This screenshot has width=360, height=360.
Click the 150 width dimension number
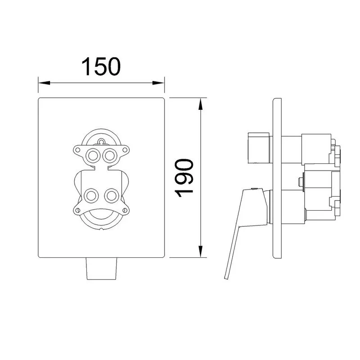tap(101, 67)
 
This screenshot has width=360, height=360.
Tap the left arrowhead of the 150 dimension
tap(44, 83)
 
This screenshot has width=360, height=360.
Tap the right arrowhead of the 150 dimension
tap(158, 83)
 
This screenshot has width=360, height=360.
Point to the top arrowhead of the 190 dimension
tap(201, 104)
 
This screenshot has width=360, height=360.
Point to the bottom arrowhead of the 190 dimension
tap(201, 252)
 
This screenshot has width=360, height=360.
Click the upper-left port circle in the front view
tap(93, 156)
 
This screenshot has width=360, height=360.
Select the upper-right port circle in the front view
tap(109, 156)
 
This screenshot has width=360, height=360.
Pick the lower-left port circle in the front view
tap(91, 196)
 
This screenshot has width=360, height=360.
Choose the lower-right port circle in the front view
tap(112, 196)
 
